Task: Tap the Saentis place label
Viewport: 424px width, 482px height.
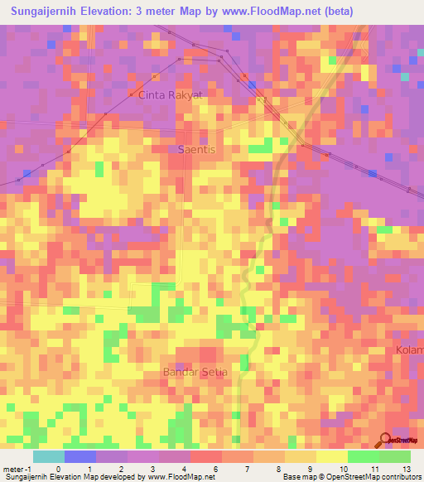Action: (x=195, y=149)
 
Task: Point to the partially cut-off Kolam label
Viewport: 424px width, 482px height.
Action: (x=411, y=350)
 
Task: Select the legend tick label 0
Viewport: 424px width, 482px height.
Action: (x=57, y=468)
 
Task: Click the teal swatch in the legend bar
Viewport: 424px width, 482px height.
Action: (x=49, y=456)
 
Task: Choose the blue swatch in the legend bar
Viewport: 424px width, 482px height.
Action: (x=80, y=456)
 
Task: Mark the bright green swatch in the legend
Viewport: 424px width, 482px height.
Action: (x=363, y=456)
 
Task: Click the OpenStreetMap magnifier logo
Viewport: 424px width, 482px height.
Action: (x=386, y=441)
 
